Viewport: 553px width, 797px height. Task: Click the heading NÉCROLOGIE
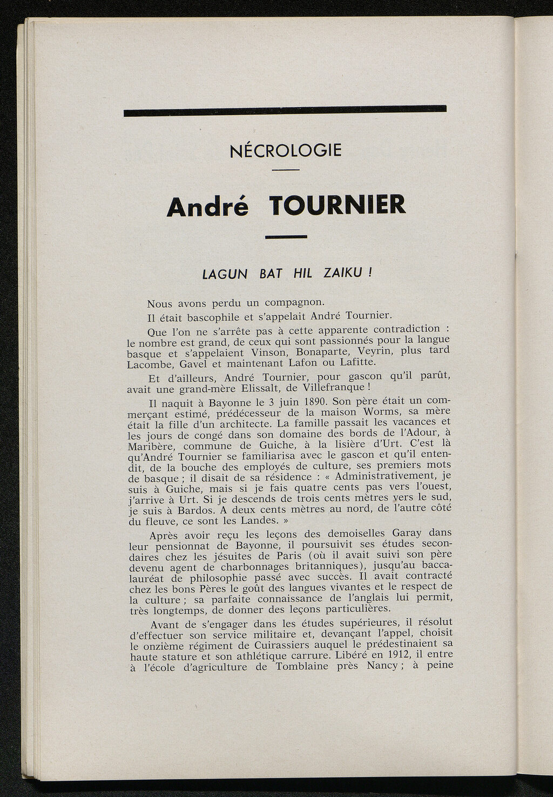click(x=285, y=150)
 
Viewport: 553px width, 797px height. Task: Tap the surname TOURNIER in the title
click(x=336, y=205)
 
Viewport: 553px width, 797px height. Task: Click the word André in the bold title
click(x=207, y=206)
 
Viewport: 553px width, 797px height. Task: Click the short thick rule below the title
click(x=286, y=236)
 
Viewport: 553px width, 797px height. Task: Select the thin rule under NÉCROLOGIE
click(x=285, y=170)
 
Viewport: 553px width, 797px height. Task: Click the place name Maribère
click(x=152, y=447)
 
